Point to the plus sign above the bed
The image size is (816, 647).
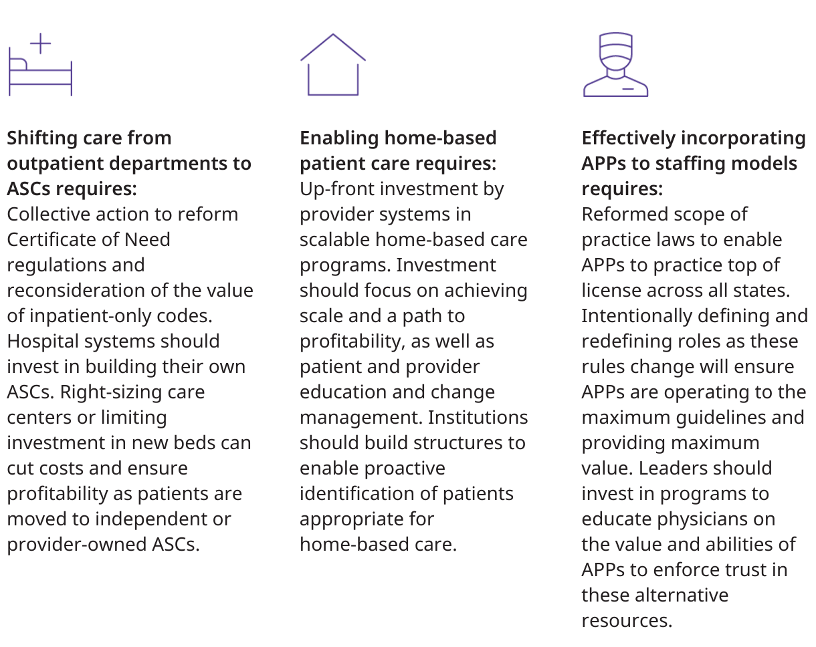point(40,43)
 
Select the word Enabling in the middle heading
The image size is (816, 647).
point(339,138)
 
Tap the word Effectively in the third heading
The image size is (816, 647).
point(629,138)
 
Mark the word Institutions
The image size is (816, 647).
point(478,418)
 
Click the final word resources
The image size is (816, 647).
point(627,621)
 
